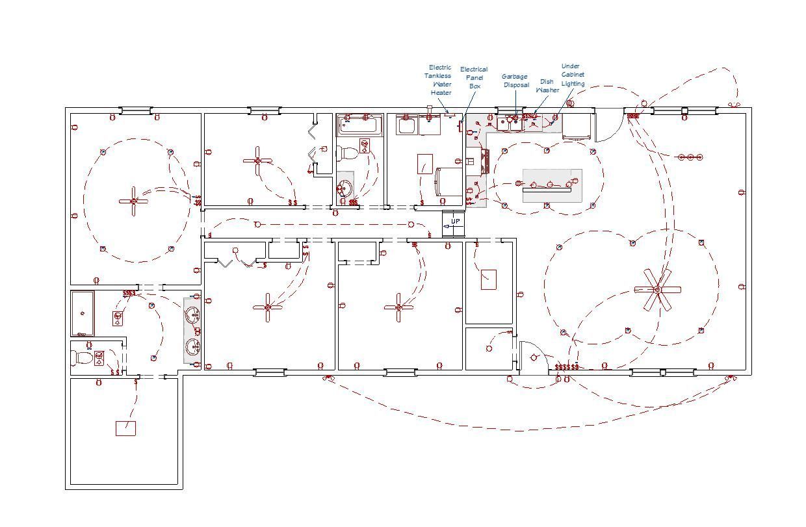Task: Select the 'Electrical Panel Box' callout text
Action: (474, 77)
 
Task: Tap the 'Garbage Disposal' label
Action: (515, 81)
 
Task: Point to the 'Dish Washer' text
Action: (547, 86)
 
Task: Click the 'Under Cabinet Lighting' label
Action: (573, 75)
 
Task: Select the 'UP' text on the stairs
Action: (455, 222)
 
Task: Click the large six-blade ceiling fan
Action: (657, 290)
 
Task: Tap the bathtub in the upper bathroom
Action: (359, 124)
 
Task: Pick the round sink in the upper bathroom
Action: (344, 189)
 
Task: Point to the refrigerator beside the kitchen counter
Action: (577, 127)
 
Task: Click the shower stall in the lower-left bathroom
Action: (83, 313)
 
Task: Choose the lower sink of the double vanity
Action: (192, 347)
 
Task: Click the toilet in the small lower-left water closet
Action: (83, 357)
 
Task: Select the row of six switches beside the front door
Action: (566, 367)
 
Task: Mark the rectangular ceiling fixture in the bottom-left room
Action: (125, 428)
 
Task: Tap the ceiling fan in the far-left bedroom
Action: (134, 201)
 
